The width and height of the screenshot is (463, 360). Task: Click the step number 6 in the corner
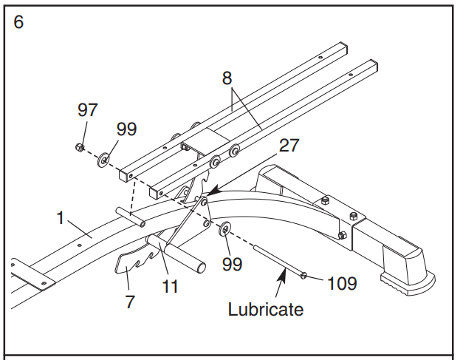tap(18, 21)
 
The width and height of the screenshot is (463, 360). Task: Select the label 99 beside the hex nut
tap(126, 130)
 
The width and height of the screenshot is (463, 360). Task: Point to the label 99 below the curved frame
tap(233, 264)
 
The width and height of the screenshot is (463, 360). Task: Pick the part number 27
tap(289, 146)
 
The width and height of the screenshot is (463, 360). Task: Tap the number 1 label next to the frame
tap(62, 220)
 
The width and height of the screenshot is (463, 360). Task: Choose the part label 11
tap(171, 285)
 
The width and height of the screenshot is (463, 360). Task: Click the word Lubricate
tap(265, 308)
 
